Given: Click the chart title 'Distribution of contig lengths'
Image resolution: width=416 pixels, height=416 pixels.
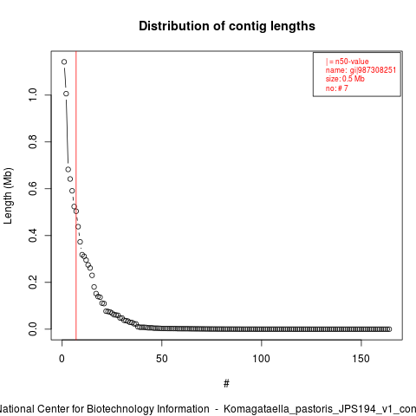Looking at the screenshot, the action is point(227,26).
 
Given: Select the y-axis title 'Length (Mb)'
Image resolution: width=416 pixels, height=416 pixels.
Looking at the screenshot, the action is point(8,196).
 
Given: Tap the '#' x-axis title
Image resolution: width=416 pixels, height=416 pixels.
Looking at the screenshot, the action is point(226,384).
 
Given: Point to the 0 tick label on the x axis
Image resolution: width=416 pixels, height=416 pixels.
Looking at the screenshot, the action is point(62,359).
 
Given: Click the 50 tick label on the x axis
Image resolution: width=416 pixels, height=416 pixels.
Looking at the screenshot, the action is point(162,359).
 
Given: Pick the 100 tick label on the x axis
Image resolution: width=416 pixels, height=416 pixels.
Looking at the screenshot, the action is point(261,359).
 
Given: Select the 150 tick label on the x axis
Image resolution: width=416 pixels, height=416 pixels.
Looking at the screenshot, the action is point(361,359).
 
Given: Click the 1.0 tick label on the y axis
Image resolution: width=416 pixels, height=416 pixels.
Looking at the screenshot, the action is point(33,94).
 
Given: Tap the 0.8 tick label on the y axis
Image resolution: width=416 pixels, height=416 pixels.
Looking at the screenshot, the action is point(33,141).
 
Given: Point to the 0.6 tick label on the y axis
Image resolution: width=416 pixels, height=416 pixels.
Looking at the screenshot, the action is point(33,188).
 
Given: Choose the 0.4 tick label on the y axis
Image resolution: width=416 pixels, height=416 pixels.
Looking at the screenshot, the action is point(33,235).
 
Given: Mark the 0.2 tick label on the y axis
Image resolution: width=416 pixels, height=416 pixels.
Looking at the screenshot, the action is point(33,282).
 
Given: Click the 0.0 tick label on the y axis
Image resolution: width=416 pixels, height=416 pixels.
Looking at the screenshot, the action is point(33,328).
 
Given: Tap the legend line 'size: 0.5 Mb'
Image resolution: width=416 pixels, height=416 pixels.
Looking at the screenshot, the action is point(345,79).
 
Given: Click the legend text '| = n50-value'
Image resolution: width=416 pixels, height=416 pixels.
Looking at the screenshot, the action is point(348,62).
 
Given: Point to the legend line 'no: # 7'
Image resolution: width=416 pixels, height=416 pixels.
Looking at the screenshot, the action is point(337,88).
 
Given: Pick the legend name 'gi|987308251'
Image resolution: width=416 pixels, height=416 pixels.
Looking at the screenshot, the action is point(373,70).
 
